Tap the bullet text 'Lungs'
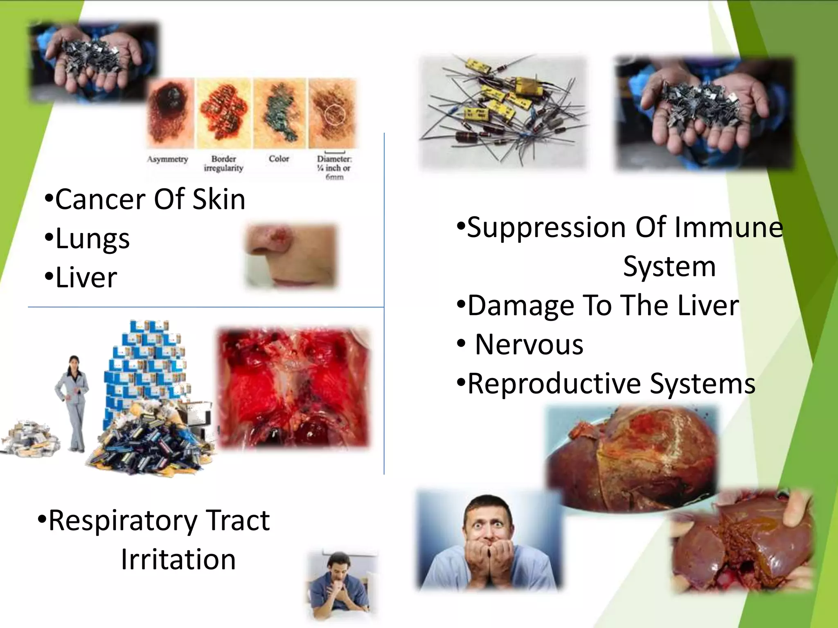(92, 239)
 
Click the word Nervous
(529, 345)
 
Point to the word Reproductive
(554, 384)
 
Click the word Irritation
(178, 559)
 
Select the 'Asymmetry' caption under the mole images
(167, 159)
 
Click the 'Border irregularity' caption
(223, 163)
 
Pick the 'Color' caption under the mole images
(279, 159)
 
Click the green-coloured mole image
(280, 112)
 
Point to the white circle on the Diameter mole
(335, 115)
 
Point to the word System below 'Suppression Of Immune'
(669, 267)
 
